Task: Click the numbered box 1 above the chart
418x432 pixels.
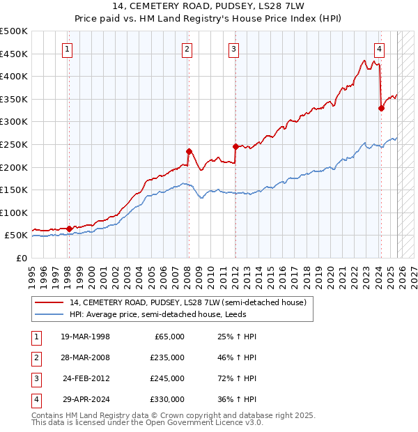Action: pyautogui.click(x=68, y=49)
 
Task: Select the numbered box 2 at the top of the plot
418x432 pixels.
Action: pyautogui.click(x=187, y=49)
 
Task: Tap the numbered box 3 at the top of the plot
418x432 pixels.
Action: pyautogui.click(x=233, y=49)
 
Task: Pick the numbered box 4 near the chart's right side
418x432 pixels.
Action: pyautogui.click(x=379, y=49)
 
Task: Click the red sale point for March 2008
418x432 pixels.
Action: pyautogui.click(x=189, y=151)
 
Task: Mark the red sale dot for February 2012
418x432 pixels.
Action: pyautogui.click(x=235, y=146)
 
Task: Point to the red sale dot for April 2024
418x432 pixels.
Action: pyautogui.click(x=381, y=108)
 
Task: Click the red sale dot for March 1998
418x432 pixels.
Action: pyautogui.click(x=69, y=228)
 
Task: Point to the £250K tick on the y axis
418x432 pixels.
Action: pyautogui.click(x=14, y=144)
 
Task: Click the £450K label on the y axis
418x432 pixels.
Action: pyautogui.click(x=14, y=54)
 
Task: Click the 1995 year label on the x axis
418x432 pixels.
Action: pyautogui.click(x=32, y=274)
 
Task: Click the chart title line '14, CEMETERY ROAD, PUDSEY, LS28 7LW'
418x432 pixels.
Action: pyautogui.click(x=209, y=6)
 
